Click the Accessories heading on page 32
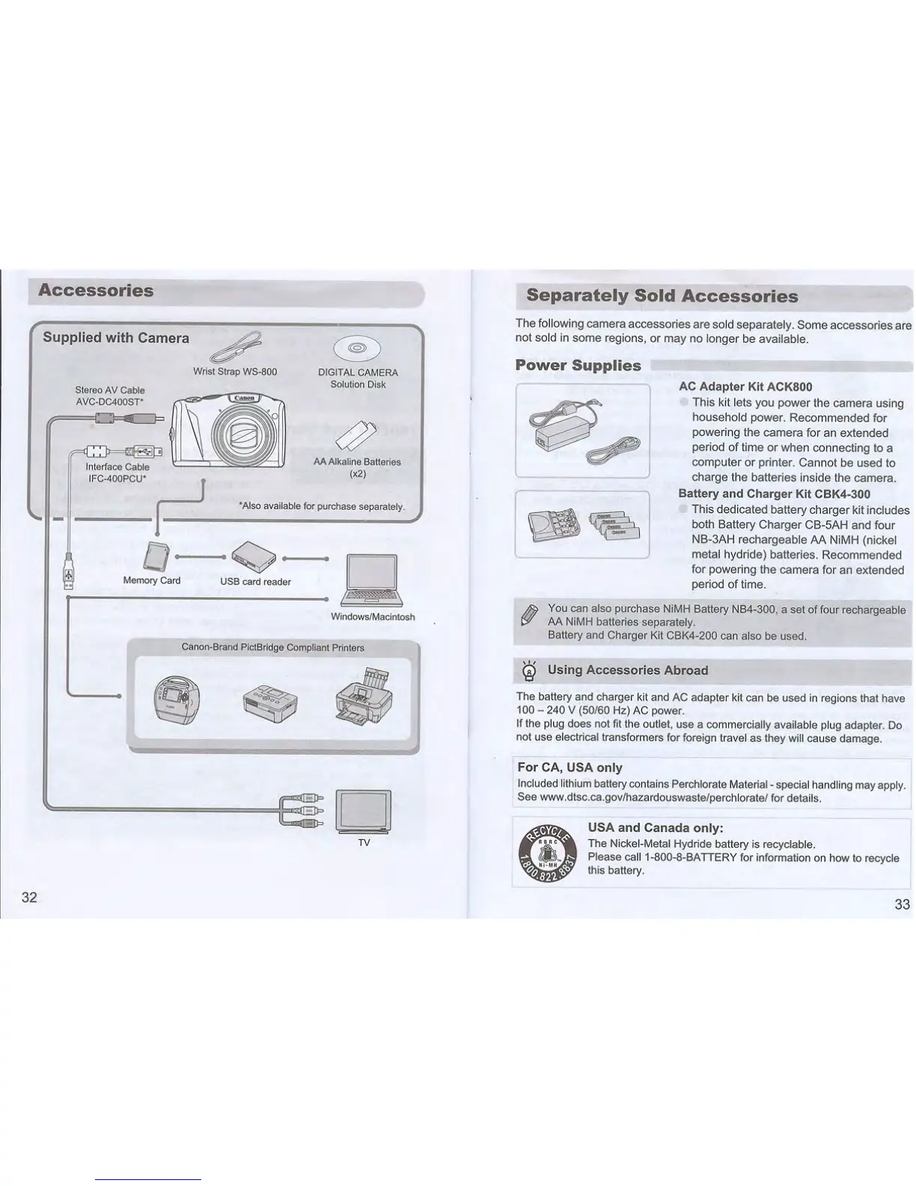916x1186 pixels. [96, 291]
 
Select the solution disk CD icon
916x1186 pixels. [357, 348]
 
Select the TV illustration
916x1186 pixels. [364, 811]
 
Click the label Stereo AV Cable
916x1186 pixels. [110, 390]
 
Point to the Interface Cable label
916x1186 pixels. [117, 467]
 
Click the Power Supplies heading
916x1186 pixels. [578, 365]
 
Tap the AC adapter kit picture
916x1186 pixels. [582, 431]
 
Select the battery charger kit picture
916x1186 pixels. [581, 524]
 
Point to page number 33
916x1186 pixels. [902, 904]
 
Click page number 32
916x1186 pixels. [29, 898]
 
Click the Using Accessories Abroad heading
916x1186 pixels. [627, 670]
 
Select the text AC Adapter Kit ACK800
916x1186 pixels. [745, 387]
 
